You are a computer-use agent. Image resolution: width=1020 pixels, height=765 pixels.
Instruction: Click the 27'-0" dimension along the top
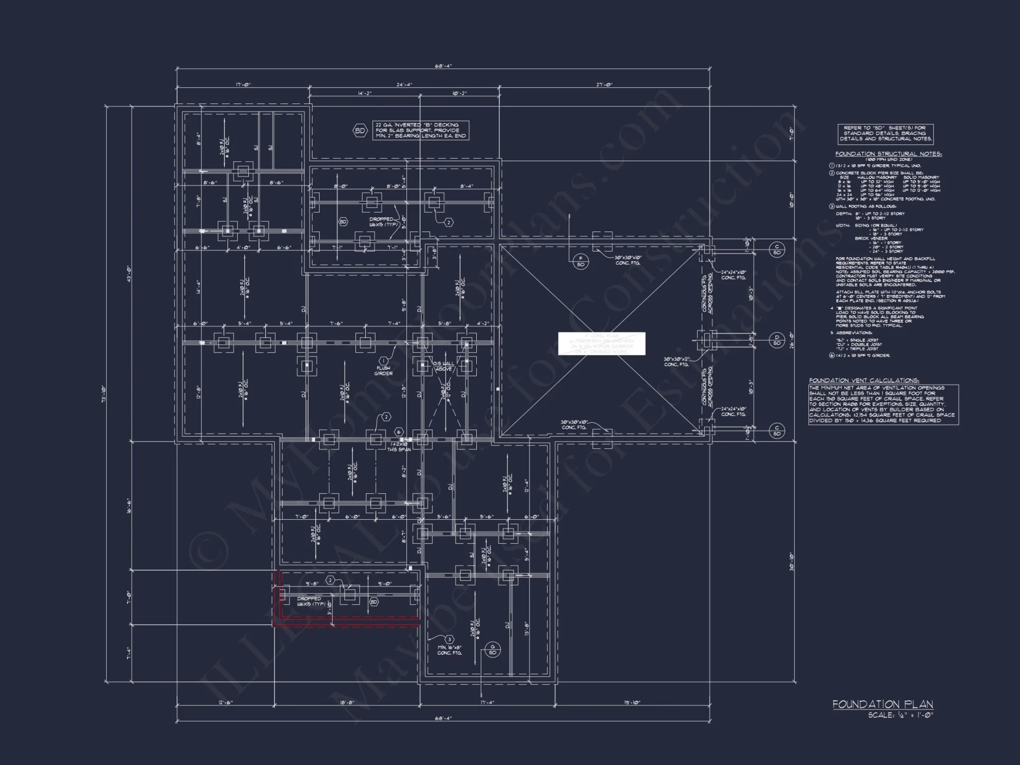(604, 85)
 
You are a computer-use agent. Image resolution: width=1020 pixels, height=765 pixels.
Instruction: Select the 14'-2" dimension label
(365, 93)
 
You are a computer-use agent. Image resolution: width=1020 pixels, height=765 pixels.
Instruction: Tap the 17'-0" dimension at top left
(243, 85)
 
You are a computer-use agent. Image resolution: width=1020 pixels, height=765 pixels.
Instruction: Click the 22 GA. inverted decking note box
(421, 131)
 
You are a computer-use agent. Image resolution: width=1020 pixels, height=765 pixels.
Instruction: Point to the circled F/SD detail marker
(580, 261)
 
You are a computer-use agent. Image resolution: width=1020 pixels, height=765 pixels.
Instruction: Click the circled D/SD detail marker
(777, 340)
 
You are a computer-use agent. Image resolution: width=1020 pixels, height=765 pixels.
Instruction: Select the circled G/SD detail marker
(492, 649)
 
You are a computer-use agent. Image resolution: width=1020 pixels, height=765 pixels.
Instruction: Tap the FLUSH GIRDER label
(384, 370)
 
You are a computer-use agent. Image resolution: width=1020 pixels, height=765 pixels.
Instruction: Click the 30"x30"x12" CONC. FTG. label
(677, 362)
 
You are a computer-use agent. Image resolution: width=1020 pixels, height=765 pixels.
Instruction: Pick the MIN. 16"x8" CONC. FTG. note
(449, 650)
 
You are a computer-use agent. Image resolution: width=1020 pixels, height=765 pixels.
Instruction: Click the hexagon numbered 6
(399, 431)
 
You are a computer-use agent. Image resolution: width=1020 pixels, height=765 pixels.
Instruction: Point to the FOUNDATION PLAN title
(883, 704)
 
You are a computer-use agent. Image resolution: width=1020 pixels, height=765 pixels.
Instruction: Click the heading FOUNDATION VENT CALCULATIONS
(864, 380)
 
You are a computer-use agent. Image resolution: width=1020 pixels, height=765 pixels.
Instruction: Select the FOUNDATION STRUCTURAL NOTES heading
(888, 154)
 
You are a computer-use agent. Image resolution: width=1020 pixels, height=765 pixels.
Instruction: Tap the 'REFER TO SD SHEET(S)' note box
(886, 133)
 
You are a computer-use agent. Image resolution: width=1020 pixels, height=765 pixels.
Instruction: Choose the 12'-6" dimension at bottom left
(225, 702)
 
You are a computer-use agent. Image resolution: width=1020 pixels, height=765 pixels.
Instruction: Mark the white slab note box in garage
(601, 343)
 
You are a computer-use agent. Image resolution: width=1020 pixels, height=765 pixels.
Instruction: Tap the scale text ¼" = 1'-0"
(901, 715)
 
